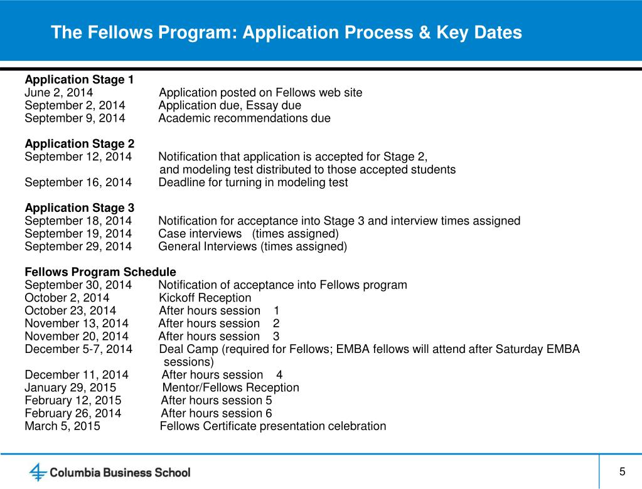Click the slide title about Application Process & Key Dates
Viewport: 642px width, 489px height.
(x=286, y=33)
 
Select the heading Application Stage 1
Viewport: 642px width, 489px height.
(x=79, y=80)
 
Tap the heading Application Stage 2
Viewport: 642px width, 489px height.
(x=79, y=144)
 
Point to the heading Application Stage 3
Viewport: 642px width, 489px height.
(x=79, y=208)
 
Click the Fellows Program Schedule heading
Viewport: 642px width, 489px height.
(x=100, y=272)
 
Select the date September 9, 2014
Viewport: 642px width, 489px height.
(x=75, y=118)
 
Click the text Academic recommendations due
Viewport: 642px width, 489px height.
(x=244, y=118)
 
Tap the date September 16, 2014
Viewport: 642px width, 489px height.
(x=78, y=182)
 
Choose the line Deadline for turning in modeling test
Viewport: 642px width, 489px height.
(x=253, y=182)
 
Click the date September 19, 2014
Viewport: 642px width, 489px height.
(x=78, y=234)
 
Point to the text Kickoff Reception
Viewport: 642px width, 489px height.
(x=205, y=298)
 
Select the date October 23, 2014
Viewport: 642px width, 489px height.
(x=70, y=310)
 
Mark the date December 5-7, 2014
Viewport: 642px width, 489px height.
(x=78, y=349)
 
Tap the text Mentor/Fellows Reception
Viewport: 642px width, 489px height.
(x=230, y=387)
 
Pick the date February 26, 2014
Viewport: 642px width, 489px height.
(x=73, y=413)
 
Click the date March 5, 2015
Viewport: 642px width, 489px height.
(x=62, y=426)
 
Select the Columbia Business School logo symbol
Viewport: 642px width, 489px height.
(x=38, y=471)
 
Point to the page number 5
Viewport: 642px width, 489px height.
(x=622, y=471)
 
